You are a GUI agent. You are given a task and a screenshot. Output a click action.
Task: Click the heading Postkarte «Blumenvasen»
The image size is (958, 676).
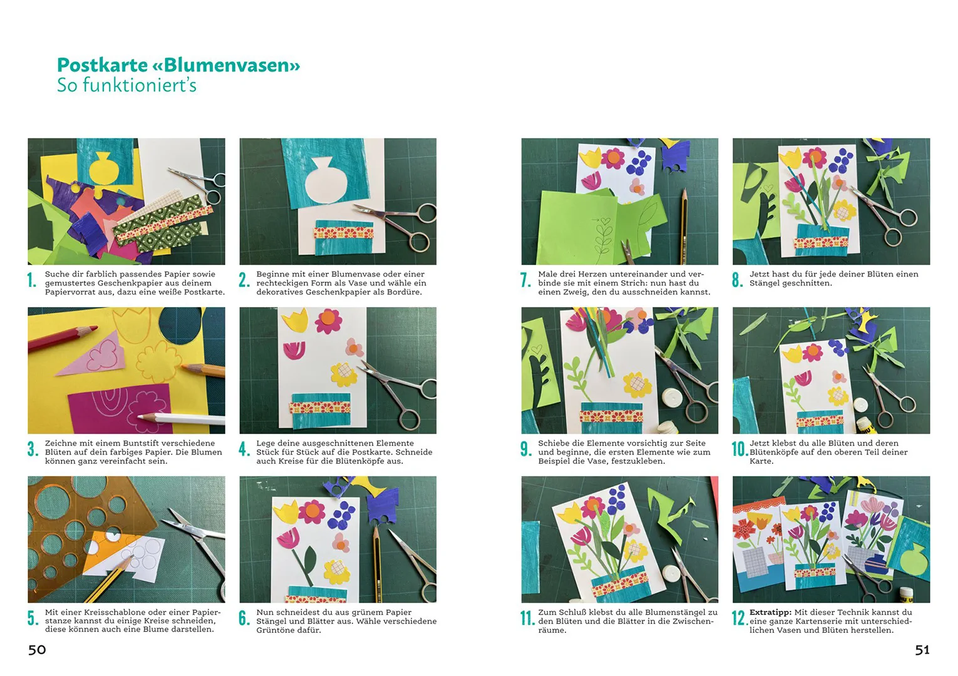[x=178, y=65]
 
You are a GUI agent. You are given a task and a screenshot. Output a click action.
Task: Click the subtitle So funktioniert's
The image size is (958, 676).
[x=126, y=85]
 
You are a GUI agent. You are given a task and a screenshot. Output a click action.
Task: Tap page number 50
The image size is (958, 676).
[x=37, y=650]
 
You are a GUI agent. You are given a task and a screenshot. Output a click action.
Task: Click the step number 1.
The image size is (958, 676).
[x=32, y=280]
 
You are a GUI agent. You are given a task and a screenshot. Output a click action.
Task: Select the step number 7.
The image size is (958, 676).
[x=525, y=280]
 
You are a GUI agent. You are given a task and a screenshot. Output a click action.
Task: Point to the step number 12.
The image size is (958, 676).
[x=739, y=618]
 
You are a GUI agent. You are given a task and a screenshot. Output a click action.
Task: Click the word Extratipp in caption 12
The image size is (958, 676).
[x=770, y=612]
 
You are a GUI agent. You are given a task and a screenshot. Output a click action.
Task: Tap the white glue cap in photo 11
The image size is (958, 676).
[x=671, y=574]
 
